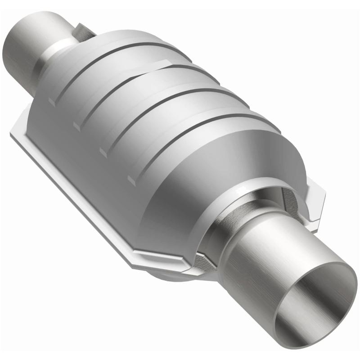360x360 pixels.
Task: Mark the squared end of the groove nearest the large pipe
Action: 131,180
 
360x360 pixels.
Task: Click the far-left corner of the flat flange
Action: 11,134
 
